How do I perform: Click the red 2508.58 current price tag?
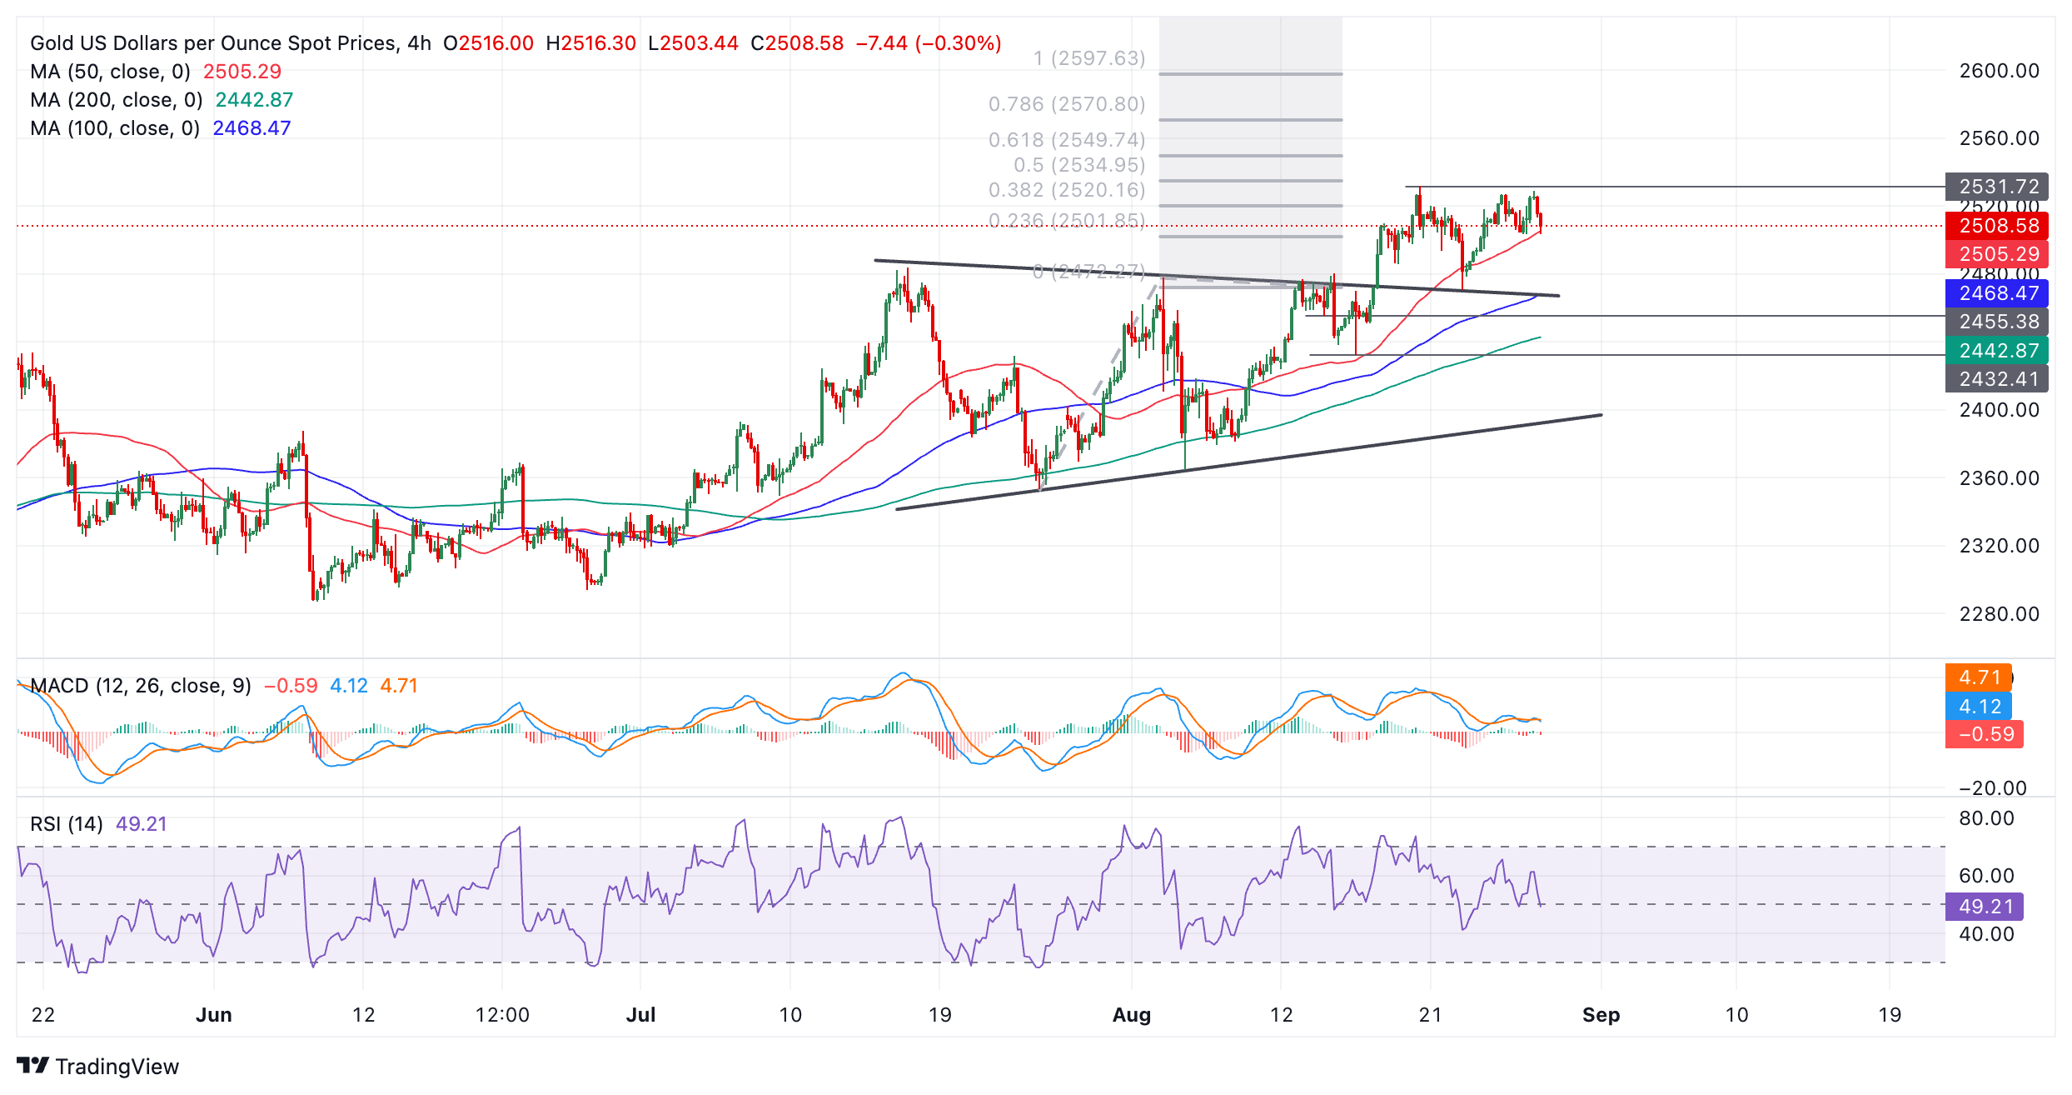[x=1997, y=226]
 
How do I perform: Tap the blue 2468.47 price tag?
[x=1997, y=293]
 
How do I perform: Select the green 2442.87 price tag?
[x=1997, y=351]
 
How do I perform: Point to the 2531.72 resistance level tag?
[x=1997, y=187]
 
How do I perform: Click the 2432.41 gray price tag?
[x=1997, y=379]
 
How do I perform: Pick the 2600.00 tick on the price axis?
[x=1999, y=71]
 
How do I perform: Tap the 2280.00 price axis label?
[x=1999, y=614]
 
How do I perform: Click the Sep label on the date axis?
[x=1601, y=1015]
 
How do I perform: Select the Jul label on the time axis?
[x=640, y=1015]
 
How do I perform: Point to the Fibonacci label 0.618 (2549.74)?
[x=1067, y=140]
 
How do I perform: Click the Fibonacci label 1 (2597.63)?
[x=1089, y=58]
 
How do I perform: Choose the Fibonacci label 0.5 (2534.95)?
[x=1079, y=165]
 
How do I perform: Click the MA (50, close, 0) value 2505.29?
[x=242, y=72]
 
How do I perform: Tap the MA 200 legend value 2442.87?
[x=254, y=100]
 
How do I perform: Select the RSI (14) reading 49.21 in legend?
[x=142, y=824]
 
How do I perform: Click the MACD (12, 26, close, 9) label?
[x=141, y=686]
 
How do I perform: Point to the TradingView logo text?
[x=117, y=1067]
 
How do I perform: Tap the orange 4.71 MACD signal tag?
[x=1979, y=677]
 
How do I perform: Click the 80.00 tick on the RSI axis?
[x=1986, y=818]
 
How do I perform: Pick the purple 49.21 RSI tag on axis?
[x=1985, y=907]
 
